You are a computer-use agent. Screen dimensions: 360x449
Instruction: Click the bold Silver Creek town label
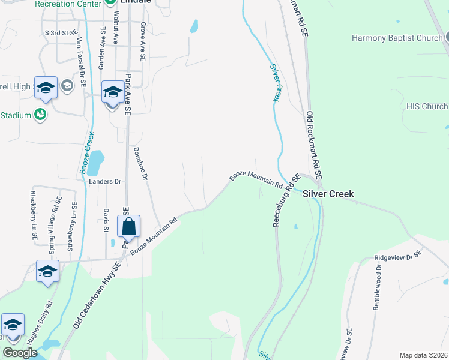click(328, 194)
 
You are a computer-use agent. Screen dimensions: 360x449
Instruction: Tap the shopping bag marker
click(129, 227)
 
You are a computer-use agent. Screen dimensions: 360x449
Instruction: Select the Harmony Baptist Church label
click(397, 38)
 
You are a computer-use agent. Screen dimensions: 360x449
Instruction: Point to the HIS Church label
click(427, 106)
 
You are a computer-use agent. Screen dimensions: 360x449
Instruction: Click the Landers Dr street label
click(105, 181)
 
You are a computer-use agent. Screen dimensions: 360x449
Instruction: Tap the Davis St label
click(106, 220)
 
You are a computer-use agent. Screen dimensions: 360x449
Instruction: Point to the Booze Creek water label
click(86, 153)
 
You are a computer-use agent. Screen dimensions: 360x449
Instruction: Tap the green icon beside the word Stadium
click(41, 115)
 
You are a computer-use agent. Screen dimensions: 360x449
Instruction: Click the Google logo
click(19, 353)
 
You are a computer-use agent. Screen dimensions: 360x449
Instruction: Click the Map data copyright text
click(423, 355)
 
